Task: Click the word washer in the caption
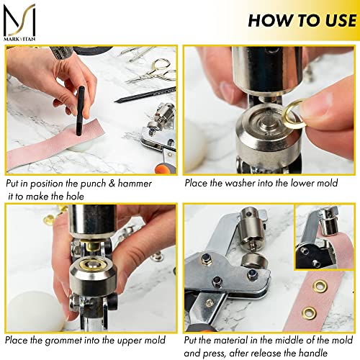point(241,184)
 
